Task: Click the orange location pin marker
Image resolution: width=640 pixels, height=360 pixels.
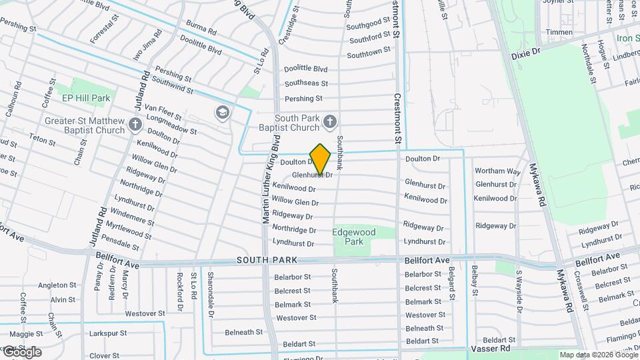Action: [321, 159]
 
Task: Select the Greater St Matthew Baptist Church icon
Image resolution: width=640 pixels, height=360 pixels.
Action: [135, 124]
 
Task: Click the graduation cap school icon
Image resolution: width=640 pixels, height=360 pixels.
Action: [221, 112]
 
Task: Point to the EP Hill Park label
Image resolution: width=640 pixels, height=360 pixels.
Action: [85, 98]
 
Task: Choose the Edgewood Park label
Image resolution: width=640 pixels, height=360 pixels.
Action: [354, 237]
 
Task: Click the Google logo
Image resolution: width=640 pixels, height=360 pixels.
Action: [21, 352]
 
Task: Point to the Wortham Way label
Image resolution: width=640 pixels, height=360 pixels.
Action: [497, 171]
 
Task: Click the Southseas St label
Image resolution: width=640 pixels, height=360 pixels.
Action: [306, 83]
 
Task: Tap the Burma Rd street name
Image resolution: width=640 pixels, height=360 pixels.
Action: [201, 30]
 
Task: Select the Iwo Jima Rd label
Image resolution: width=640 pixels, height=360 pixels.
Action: [147, 45]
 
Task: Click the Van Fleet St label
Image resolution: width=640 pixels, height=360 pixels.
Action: [159, 108]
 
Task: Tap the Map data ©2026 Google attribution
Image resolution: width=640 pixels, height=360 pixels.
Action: [598, 355]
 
